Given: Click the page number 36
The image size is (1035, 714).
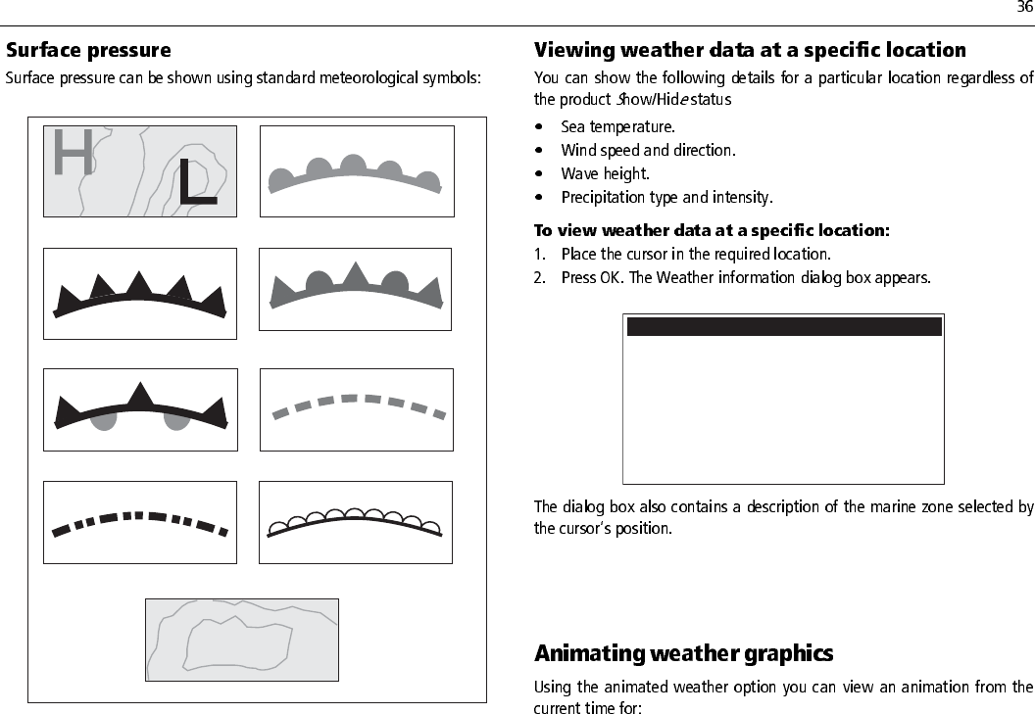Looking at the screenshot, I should tap(1024, 9).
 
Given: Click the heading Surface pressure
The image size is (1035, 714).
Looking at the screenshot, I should tap(88, 50).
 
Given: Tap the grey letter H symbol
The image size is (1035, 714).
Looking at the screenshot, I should tap(74, 153).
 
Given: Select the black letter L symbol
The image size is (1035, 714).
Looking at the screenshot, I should tap(196, 182).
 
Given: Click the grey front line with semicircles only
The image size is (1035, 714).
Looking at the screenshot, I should tap(356, 175).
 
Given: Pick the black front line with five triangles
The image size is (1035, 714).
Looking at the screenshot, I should tap(140, 295).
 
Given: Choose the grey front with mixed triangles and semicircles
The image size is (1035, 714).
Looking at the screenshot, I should tap(355, 289).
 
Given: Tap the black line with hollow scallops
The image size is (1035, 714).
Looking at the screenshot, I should tap(355, 521).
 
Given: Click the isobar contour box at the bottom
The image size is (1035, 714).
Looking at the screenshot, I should tap(241, 640).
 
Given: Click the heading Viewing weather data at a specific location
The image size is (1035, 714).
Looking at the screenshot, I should tap(750, 50).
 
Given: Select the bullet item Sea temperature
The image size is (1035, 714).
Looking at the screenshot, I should tap(617, 126).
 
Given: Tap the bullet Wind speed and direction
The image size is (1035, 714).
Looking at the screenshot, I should tap(647, 150).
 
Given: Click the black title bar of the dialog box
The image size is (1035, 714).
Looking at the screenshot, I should tap(784, 326).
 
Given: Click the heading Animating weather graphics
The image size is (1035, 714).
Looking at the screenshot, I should tap(683, 653).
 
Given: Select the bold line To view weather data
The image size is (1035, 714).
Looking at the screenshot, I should tap(712, 231).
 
